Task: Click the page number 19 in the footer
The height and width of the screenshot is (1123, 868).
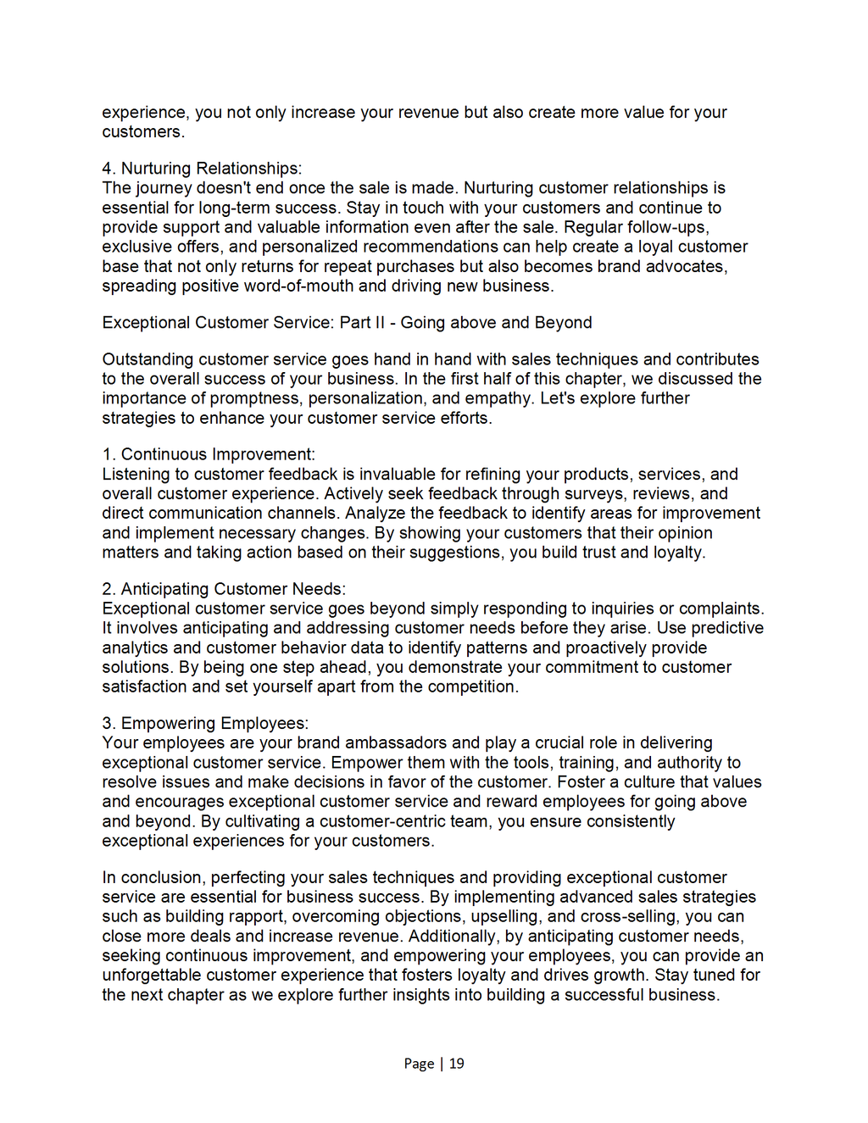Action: click(457, 1064)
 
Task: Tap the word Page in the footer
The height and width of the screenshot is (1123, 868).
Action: click(419, 1064)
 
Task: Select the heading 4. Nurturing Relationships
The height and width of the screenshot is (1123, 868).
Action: click(202, 169)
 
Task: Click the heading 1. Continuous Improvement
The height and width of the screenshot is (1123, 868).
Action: click(209, 454)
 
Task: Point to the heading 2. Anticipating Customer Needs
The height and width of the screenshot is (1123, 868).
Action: click(224, 589)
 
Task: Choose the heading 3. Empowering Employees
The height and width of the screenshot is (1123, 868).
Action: click(205, 723)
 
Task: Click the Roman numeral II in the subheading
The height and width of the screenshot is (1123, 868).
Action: click(380, 323)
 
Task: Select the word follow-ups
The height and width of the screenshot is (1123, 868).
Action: click(668, 227)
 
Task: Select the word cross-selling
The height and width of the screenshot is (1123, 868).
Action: click(629, 917)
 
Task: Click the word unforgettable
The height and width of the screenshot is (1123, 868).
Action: click(152, 976)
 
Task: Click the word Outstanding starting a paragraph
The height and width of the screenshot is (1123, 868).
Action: click(147, 359)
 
